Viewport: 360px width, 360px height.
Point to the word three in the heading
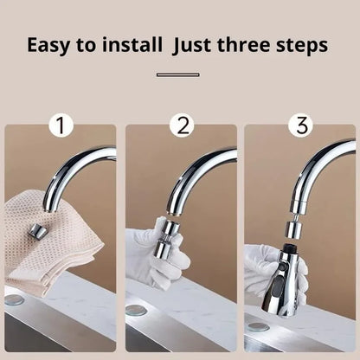(x=255, y=45)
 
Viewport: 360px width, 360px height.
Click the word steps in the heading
(x=305, y=45)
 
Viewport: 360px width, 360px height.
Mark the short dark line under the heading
(x=178, y=75)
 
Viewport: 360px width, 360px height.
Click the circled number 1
(x=59, y=126)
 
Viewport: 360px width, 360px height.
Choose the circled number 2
(x=180, y=126)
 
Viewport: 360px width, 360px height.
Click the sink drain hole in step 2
(x=136, y=309)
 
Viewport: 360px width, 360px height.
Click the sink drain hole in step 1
(x=14, y=300)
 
